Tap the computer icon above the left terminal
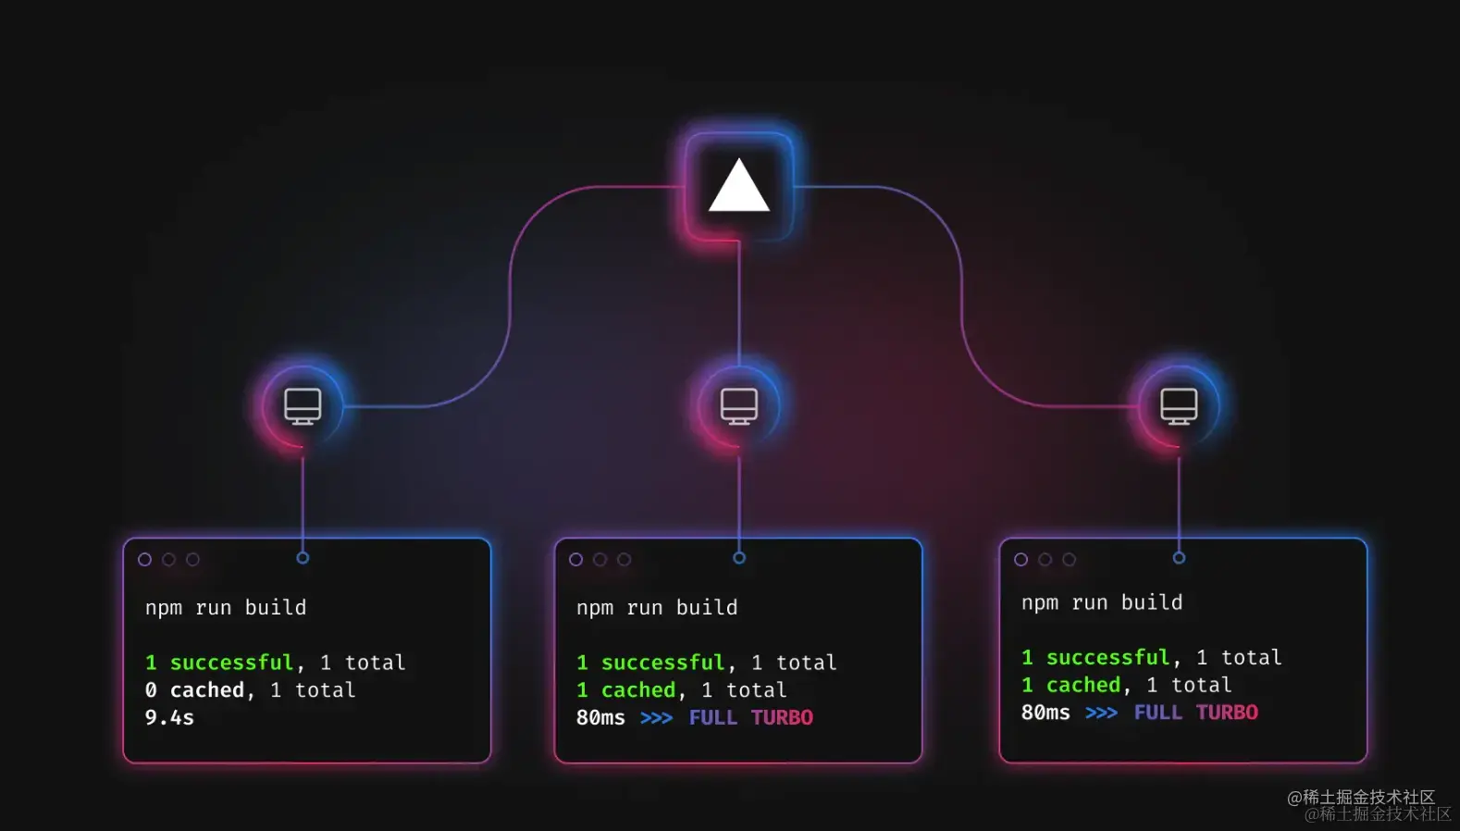(303, 406)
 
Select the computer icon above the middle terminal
(739, 406)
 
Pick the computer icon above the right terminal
(1179, 406)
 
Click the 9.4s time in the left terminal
(169, 718)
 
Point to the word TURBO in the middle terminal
(782, 718)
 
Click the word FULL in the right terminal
(1157, 713)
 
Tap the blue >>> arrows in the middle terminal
(656, 718)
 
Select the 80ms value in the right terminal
(1046, 713)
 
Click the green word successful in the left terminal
(231, 663)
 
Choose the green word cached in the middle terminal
(638, 690)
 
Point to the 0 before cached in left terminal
(151, 690)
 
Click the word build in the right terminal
(1152, 602)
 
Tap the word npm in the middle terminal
(594, 608)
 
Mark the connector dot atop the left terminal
(303, 558)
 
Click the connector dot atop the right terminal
(1179, 558)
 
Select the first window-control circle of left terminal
(144, 559)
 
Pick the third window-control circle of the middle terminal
(624, 559)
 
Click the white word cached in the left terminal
(207, 690)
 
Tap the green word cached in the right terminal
(1083, 685)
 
